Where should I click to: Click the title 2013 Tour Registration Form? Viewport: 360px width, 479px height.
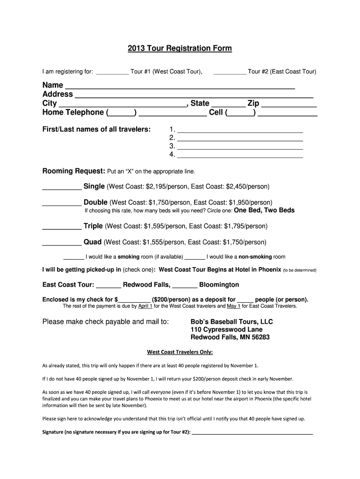pos(180,49)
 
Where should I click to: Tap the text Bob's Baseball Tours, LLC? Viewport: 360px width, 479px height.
pos(231,322)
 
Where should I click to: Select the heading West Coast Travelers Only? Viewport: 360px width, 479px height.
pos(180,352)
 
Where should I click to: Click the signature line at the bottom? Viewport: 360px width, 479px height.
pos(252,433)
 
